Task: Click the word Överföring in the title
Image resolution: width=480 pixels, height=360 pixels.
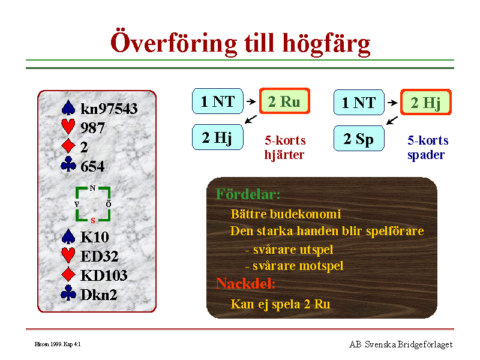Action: [174, 42]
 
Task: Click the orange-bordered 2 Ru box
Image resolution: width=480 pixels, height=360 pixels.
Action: [284, 101]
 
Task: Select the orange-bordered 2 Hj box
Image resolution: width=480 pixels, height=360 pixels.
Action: [426, 102]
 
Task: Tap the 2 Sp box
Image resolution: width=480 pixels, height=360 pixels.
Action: [359, 139]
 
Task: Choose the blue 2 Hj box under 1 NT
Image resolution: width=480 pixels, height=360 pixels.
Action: [218, 137]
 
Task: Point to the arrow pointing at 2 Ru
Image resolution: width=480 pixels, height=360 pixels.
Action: [251, 101]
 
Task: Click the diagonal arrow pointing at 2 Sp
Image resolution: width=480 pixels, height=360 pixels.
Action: [392, 121]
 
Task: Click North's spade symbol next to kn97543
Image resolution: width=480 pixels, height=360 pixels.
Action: [68, 108]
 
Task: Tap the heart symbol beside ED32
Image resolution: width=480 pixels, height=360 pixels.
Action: [68, 255]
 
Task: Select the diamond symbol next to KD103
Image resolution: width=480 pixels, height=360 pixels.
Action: [68, 274]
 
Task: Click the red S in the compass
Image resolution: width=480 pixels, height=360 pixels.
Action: [93, 220]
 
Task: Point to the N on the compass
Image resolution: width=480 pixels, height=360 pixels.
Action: [92, 188]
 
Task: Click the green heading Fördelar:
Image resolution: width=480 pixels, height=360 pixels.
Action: [248, 194]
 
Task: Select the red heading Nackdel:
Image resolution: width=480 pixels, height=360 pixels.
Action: [245, 283]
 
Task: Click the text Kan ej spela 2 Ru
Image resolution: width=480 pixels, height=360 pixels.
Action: [280, 304]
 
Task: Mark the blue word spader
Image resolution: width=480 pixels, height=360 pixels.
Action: [426, 155]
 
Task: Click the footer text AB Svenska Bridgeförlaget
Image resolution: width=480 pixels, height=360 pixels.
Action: [401, 344]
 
